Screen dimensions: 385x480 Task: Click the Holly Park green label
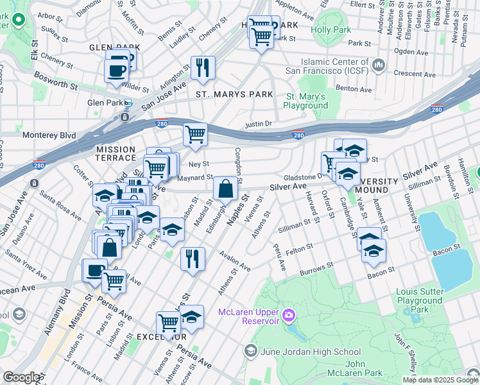coord(330,30)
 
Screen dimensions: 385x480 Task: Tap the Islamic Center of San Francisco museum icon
coord(379,65)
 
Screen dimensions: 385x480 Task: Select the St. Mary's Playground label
coord(305,101)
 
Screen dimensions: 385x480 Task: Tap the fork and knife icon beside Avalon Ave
coord(193,258)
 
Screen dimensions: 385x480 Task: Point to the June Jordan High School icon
coord(251,351)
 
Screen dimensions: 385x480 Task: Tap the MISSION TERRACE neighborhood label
coord(116,153)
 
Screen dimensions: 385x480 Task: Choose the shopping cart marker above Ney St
coord(195,135)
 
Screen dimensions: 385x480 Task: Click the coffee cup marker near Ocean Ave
coord(95,270)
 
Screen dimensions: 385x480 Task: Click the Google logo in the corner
coord(21,377)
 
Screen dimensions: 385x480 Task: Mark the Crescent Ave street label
coord(415,74)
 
